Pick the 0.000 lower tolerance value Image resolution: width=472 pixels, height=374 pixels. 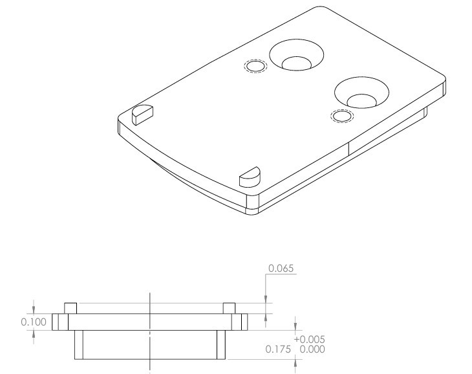point(310,350)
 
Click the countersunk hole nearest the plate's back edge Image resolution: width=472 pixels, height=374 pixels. point(296,55)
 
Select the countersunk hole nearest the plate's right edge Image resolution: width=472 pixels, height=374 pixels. point(361,92)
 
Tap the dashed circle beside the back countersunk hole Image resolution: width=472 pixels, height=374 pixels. point(255,66)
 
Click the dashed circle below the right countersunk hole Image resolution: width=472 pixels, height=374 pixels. point(342,116)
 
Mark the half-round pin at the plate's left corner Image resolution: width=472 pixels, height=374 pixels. point(143,113)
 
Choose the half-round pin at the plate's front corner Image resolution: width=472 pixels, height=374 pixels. point(249,175)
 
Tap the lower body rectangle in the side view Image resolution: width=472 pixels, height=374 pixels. point(150,345)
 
